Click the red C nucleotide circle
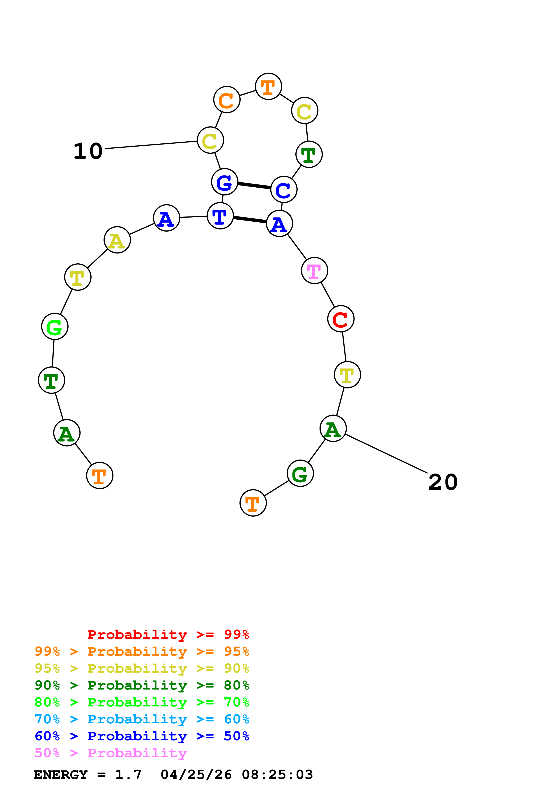point(341,319)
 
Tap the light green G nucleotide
point(55,326)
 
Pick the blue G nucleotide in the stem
point(225,182)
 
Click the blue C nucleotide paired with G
point(284,189)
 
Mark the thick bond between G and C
point(254,186)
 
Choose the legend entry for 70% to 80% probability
point(142,702)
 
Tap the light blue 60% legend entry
point(142,719)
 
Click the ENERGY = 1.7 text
point(87,775)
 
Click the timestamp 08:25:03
point(277,775)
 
